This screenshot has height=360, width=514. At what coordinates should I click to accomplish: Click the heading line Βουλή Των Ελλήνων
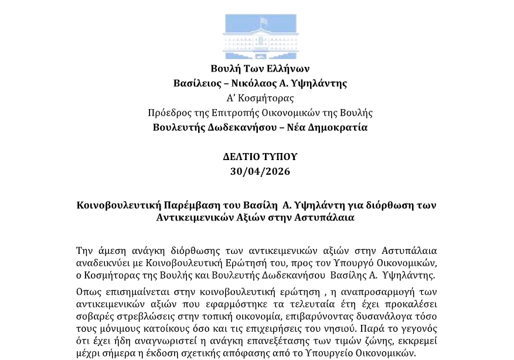pos(260,69)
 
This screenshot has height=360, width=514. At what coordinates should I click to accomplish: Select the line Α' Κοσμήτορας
pos(260,98)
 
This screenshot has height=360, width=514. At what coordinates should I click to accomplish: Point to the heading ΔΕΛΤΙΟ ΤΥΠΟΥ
pos(260,157)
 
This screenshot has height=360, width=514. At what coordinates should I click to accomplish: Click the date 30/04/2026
pos(260,171)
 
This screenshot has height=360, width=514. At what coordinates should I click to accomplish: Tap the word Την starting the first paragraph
pos(85,251)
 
